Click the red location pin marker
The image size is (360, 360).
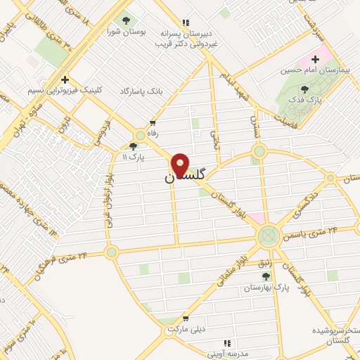coord(180,165)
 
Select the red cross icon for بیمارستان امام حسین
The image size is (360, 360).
coord(316,59)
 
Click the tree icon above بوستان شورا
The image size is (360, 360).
coord(127,20)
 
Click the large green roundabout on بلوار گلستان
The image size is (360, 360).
coord(268,234)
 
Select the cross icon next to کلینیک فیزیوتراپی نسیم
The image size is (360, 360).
coord(65,80)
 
